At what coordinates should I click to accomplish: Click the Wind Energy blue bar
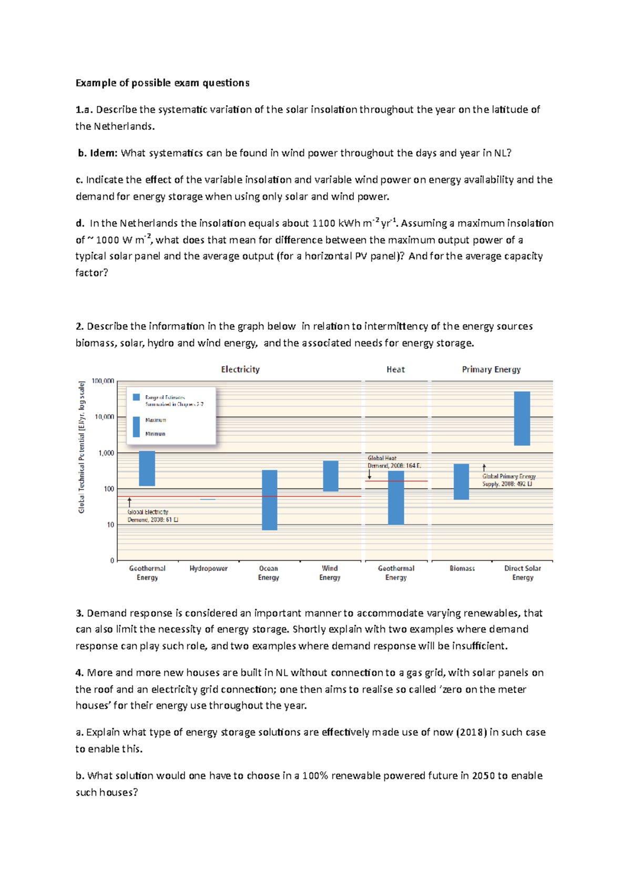coord(330,476)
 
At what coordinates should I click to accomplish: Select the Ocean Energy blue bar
coord(269,500)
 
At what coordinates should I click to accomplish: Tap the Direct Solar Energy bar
coord(522,418)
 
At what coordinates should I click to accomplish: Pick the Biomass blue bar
coord(461,481)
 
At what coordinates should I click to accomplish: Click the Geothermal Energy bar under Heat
coord(396,497)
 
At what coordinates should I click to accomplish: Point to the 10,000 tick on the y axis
coord(104,417)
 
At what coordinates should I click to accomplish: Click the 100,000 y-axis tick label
coord(103,381)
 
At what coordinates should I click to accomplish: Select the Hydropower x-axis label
coord(209,568)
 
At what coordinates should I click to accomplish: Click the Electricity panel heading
coord(240,369)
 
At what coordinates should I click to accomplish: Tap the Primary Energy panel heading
coord(491,369)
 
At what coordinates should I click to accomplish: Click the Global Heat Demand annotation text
coord(394,462)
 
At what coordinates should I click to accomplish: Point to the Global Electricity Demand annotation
coord(152,516)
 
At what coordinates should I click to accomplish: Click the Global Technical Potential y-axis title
coord(82,447)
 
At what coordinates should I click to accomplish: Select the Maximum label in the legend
coord(156,420)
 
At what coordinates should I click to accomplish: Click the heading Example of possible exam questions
coord(162,83)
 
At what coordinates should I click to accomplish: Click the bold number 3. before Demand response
coord(79,613)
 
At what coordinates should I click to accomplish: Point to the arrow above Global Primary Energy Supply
coord(484,467)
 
